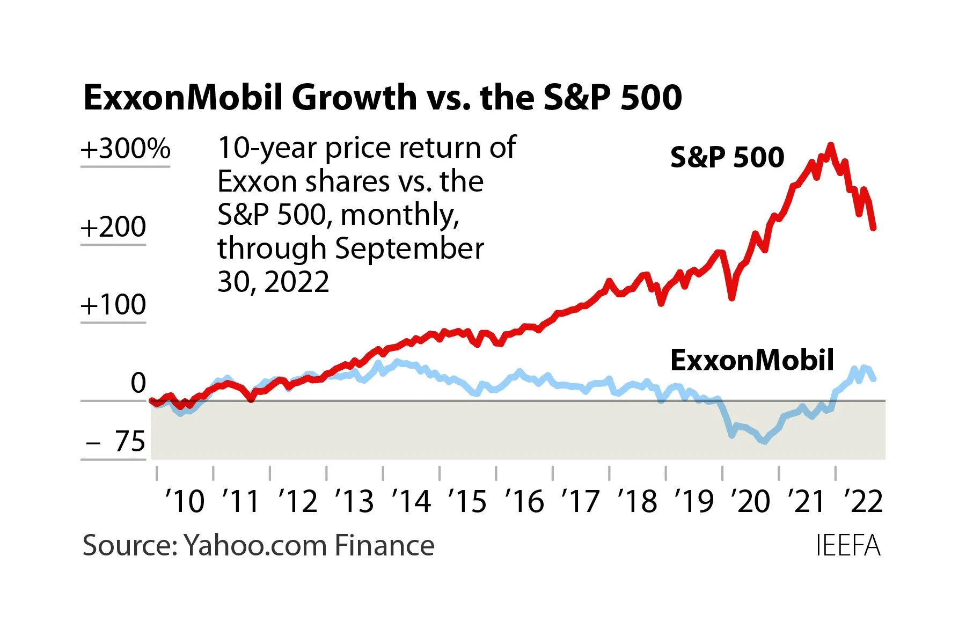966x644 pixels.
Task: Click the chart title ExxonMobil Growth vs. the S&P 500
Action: click(x=382, y=98)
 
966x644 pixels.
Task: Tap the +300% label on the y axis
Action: click(x=126, y=149)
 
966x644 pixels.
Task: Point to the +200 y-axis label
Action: click(x=113, y=227)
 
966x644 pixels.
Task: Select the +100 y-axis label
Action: click(x=113, y=305)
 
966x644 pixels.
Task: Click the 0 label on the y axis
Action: click(x=138, y=383)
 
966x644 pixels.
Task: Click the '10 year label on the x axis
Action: click(x=185, y=501)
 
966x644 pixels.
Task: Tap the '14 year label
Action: click(x=411, y=501)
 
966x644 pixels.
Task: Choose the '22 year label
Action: click(x=863, y=501)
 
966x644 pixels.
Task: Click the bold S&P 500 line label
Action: click(x=727, y=157)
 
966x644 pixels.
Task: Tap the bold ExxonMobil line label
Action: click(x=752, y=360)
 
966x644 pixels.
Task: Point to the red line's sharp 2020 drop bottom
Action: click(x=731, y=297)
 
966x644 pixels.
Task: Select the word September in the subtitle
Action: click(x=409, y=248)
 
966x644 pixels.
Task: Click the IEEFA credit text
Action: click(x=848, y=546)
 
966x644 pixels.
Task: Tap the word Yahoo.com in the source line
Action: click(x=255, y=546)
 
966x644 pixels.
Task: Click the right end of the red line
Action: click(x=874, y=228)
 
